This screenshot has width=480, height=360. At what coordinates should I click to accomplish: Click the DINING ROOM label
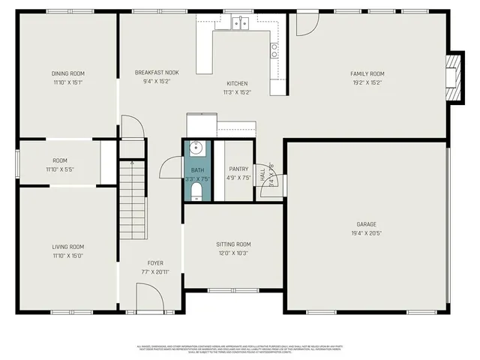[67, 73]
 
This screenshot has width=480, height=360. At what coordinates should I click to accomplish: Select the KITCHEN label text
[237, 83]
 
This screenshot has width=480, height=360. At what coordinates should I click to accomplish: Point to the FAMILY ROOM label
[367, 73]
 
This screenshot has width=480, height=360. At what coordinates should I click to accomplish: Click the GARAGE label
[366, 224]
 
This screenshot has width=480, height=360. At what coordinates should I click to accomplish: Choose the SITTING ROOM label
[233, 244]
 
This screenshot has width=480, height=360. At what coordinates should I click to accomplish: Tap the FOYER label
[155, 263]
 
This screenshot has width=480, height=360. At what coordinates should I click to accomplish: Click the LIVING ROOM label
[67, 247]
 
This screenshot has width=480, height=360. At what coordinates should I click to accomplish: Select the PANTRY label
[238, 169]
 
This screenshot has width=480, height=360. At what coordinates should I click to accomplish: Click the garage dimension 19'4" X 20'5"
[366, 233]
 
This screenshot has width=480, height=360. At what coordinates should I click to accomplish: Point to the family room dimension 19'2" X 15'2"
[367, 82]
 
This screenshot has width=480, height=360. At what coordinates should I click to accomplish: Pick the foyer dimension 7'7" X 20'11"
[155, 271]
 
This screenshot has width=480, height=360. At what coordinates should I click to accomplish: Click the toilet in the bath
[196, 194]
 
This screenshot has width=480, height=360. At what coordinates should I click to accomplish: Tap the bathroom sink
[196, 148]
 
